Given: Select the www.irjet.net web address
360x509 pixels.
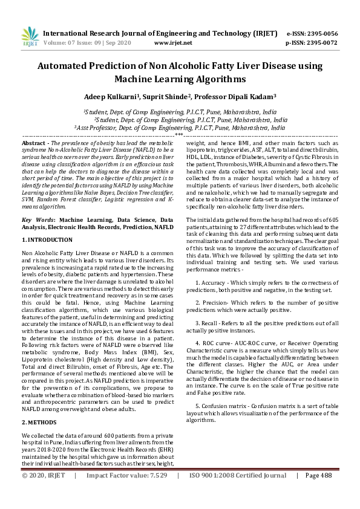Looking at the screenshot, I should pyautogui.click(x=173, y=43).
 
